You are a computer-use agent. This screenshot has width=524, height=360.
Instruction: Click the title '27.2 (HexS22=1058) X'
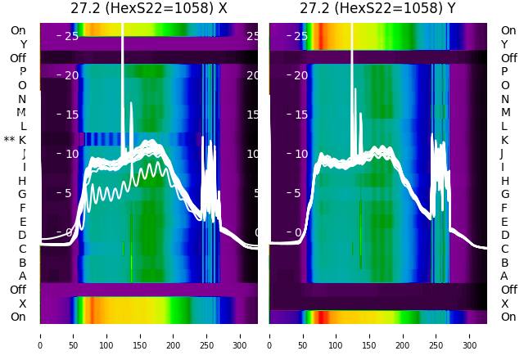(148, 9)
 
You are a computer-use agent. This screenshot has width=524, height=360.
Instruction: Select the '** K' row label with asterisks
(16, 140)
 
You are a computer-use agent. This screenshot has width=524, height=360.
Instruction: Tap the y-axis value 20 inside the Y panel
(301, 75)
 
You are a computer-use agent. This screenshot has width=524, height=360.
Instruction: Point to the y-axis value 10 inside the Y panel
(301, 154)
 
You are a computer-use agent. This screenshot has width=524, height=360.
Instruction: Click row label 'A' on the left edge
(22, 276)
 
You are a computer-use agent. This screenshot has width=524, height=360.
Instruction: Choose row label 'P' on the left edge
(22, 71)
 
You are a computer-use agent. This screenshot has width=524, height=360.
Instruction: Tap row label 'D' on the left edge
(22, 235)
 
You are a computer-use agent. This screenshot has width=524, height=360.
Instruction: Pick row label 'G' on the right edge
(504, 194)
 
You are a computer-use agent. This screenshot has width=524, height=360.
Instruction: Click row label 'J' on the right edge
(502, 153)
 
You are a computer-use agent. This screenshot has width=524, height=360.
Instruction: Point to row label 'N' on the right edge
(504, 99)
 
